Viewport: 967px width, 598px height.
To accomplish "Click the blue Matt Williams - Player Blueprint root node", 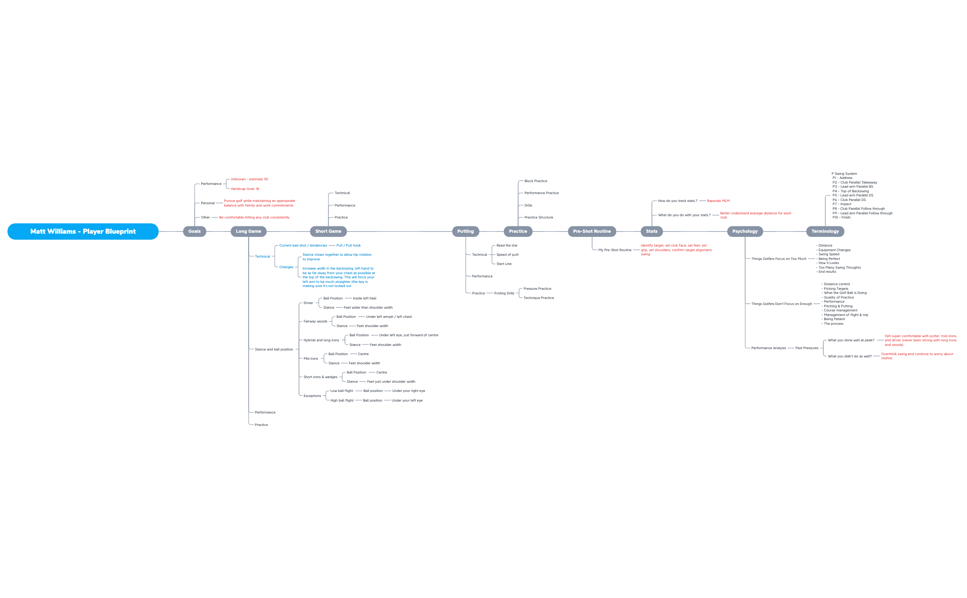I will click(83, 231).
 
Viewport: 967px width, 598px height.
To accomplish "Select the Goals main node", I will click(194, 231).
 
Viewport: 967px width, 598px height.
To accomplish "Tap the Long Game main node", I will click(248, 231).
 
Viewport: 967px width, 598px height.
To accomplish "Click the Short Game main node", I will click(328, 231).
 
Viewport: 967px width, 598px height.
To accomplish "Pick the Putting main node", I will click(465, 231).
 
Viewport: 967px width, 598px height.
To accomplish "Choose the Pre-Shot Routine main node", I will click(592, 231).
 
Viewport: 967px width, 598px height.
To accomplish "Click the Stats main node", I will click(651, 231).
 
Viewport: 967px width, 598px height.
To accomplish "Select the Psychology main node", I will click(745, 231).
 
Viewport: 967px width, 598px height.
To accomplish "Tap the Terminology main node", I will click(825, 231).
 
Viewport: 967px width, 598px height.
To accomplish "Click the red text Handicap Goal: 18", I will click(245, 189).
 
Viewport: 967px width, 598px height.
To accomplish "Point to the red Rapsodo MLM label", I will click(718, 201).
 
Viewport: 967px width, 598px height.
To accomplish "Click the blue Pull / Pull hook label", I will click(348, 246).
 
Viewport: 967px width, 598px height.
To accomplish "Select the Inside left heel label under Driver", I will click(364, 299).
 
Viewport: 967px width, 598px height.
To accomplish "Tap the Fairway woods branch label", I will click(315, 322).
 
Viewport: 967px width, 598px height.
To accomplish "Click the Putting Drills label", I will click(504, 293).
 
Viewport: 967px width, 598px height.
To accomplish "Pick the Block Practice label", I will click(536, 181).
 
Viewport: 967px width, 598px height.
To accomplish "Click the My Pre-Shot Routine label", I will click(615, 250).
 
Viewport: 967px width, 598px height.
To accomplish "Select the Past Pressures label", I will click(807, 348).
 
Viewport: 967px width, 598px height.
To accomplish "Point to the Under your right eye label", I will click(408, 391).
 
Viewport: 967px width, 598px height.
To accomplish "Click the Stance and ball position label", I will click(274, 350).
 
